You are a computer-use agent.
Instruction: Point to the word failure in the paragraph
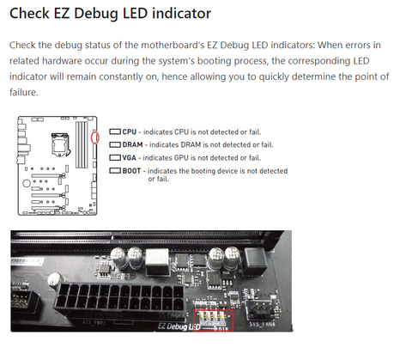pyautogui.click(x=23, y=92)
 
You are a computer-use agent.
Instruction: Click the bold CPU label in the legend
pyautogui.click(x=129, y=132)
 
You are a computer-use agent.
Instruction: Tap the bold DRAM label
pyautogui.click(x=132, y=144)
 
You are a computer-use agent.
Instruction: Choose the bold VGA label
pyautogui.click(x=129, y=158)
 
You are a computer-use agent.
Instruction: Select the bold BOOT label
pyautogui.click(x=131, y=171)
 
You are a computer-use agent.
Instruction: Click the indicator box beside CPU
pyautogui.click(x=115, y=131)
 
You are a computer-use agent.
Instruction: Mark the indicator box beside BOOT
pyautogui.click(x=115, y=171)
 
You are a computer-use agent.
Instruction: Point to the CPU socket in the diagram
pyautogui.click(x=60, y=144)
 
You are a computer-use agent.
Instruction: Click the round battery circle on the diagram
pyautogui.click(x=27, y=183)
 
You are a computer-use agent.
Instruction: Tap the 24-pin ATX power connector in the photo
pyautogui.click(x=119, y=298)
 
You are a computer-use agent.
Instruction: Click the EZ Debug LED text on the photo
pyautogui.click(x=179, y=326)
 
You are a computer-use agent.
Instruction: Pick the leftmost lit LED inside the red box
pyautogui.click(x=202, y=316)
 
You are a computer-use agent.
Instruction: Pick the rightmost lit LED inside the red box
pyautogui.click(x=222, y=316)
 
